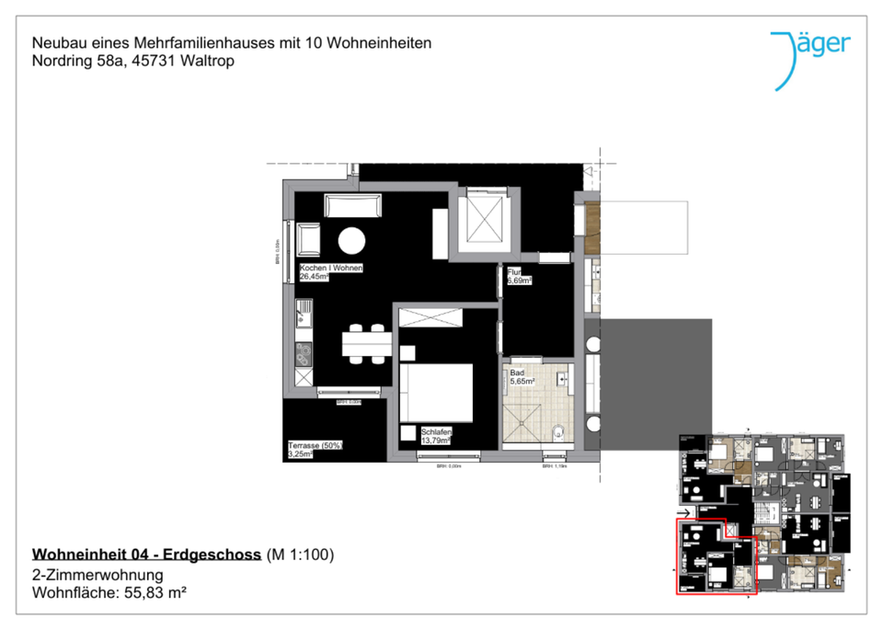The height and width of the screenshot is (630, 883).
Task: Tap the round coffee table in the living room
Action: pyautogui.click(x=351, y=241)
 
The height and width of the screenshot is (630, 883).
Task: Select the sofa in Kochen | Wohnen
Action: pyautogui.click(x=351, y=206)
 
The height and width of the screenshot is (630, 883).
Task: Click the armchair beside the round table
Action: pyautogui.click(x=308, y=241)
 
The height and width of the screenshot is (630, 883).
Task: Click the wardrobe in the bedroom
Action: pyautogui.click(x=430, y=317)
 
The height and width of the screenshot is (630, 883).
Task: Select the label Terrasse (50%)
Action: pyautogui.click(x=315, y=445)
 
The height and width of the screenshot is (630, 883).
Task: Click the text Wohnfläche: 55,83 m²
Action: pyautogui.click(x=109, y=593)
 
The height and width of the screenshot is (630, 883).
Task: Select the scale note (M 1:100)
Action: pyautogui.click(x=299, y=554)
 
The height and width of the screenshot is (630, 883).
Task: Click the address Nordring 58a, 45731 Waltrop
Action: pyautogui.click(x=132, y=61)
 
